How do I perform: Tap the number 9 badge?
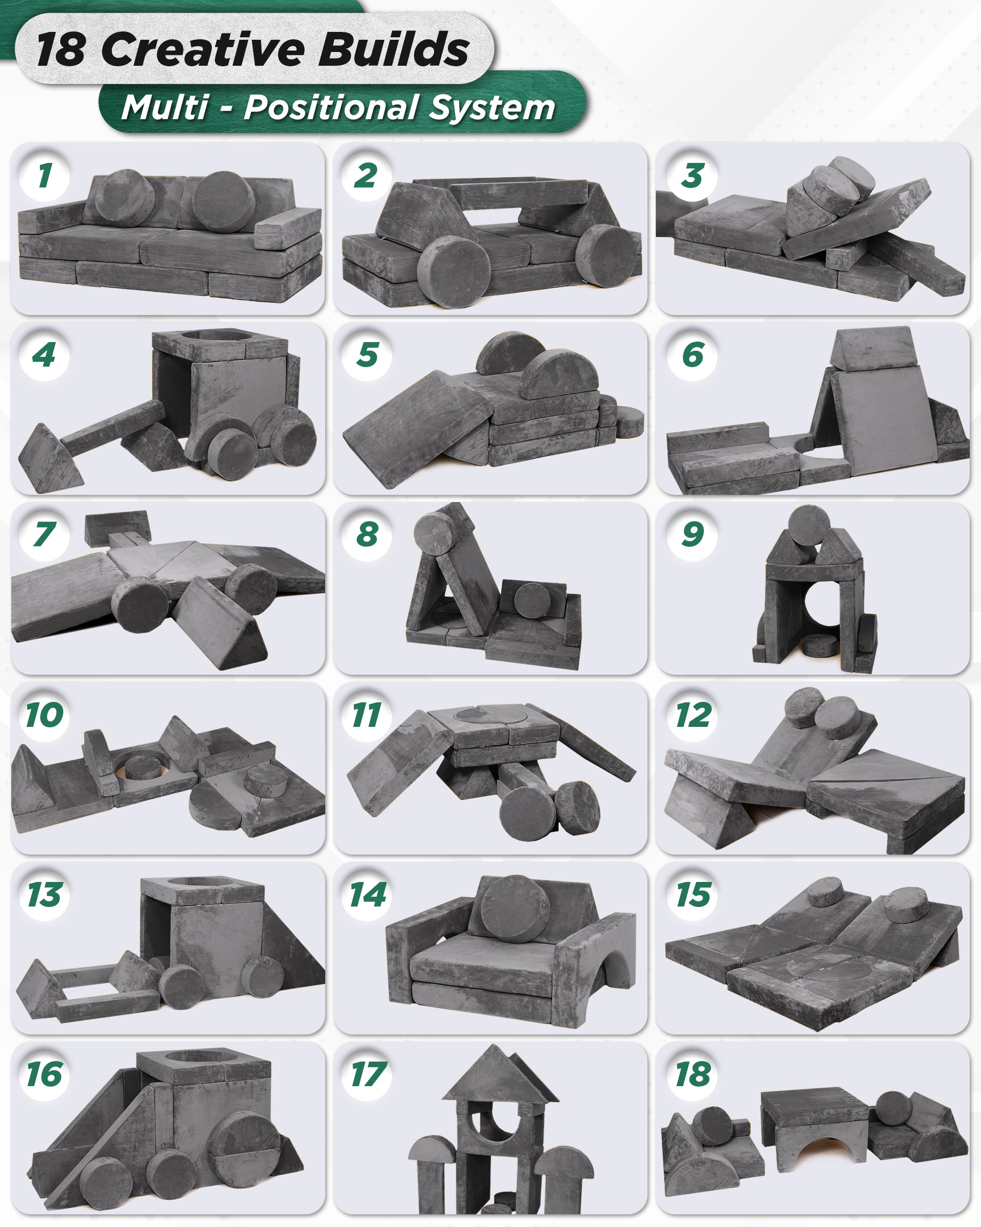click(693, 534)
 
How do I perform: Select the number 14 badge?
click(368, 894)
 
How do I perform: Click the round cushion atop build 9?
click(809, 525)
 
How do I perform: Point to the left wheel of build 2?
click(453, 272)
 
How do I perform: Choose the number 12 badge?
click(693, 715)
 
